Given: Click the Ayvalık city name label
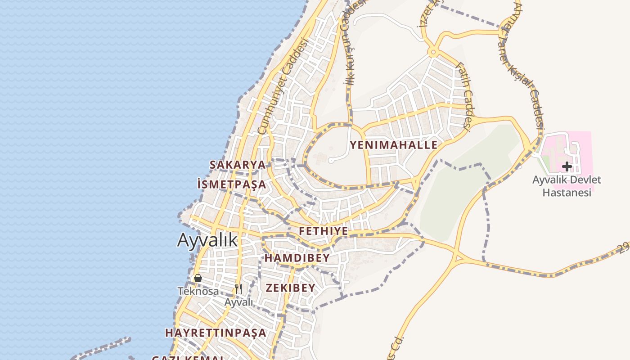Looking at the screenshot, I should (x=207, y=240).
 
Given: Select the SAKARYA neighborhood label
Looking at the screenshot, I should (x=238, y=165).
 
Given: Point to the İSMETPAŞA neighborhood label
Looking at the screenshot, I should (x=232, y=184).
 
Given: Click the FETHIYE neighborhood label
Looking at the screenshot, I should (x=324, y=231).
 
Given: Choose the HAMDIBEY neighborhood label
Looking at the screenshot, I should (x=297, y=258).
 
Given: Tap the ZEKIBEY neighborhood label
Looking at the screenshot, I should (x=291, y=288).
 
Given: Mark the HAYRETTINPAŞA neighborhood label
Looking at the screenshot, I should (x=216, y=333).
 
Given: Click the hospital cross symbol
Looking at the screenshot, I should (x=567, y=166).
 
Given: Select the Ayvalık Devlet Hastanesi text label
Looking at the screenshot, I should (x=567, y=186).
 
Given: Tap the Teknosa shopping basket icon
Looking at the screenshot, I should (x=198, y=278).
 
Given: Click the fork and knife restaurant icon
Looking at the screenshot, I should (x=238, y=289).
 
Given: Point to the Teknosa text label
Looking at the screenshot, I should (x=198, y=291).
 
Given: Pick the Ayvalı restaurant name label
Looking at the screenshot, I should (x=239, y=302).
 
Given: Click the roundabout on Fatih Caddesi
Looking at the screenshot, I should (x=433, y=53).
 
